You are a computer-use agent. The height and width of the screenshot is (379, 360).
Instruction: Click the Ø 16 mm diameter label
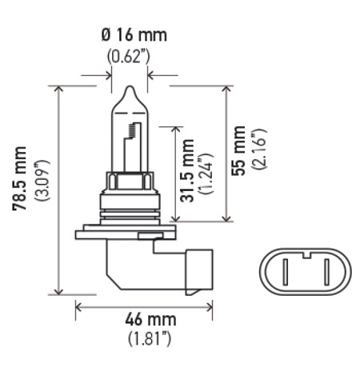click(x=134, y=35)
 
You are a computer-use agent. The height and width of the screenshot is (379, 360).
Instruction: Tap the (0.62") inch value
click(x=129, y=56)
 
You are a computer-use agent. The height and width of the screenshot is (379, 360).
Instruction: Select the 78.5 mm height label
click(x=19, y=178)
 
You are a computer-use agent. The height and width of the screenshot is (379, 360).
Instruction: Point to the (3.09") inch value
click(x=42, y=181)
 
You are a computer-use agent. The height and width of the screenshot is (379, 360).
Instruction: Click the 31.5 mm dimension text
click(x=187, y=171)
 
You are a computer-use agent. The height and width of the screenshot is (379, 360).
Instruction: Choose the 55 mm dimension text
click(x=238, y=150)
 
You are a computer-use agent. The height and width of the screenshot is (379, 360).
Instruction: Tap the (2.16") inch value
click(x=258, y=149)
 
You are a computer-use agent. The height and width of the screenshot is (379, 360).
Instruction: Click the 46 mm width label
click(x=150, y=320)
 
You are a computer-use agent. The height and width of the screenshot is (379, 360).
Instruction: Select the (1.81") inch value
click(x=150, y=339)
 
